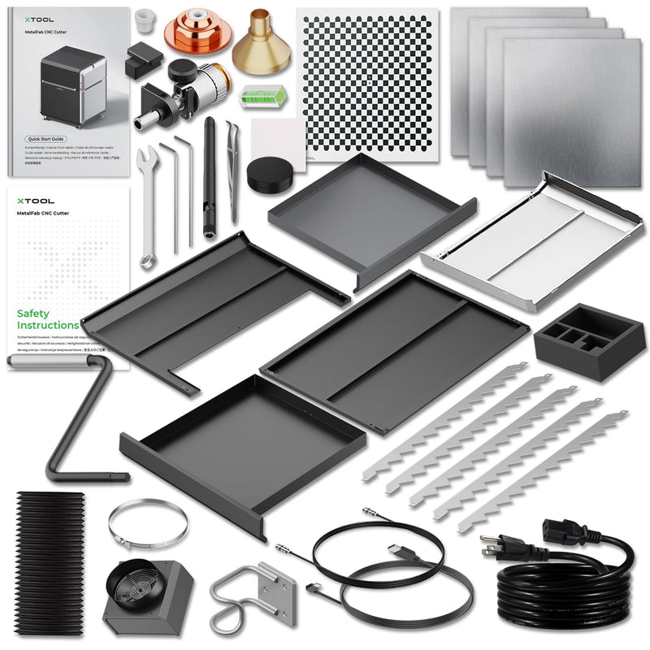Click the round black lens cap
point(266,173)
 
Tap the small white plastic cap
point(145,20)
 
